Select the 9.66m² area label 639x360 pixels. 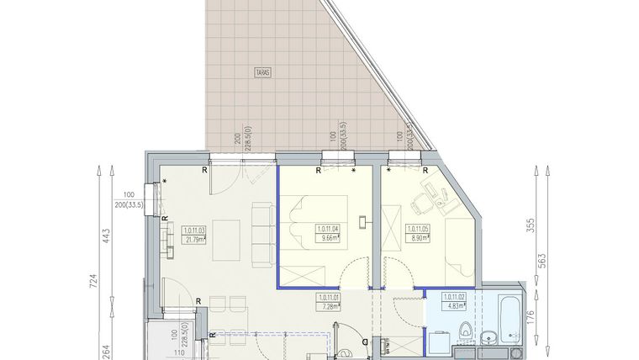tap(328, 238)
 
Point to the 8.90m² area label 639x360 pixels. tap(418, 238)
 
